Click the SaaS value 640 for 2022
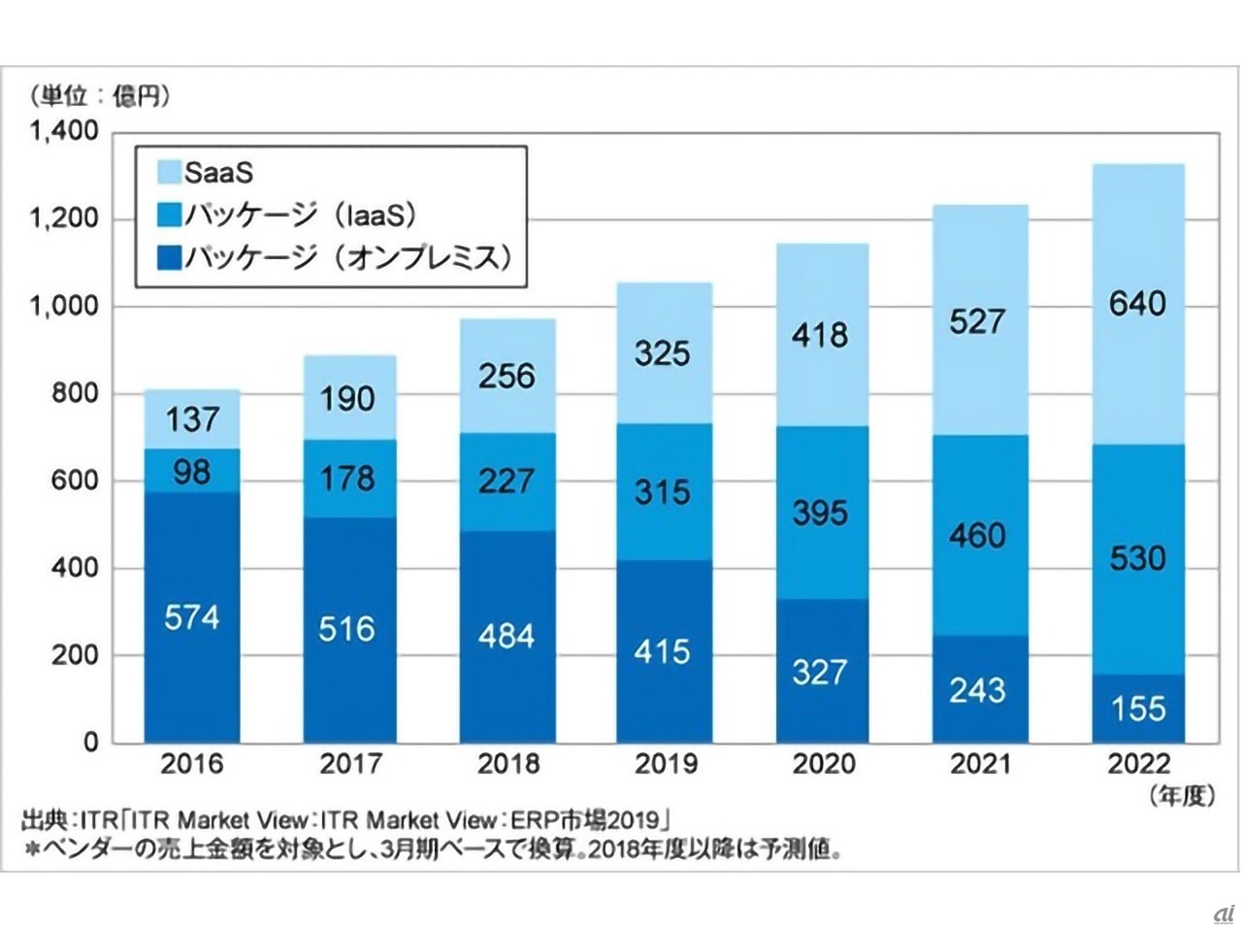click(x=1137, y=304)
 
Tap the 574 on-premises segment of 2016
click(x=191, y=617)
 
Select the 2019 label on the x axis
click(x=666, y=764)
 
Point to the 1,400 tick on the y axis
click(x=65, y=131)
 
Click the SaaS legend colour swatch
click(x=168, y=173)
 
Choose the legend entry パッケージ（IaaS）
click(x=300, y=215)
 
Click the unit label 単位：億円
click(x=100, y=96)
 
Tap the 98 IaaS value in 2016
click(x=191, y=472)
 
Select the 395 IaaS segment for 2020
click(x=820, y=513)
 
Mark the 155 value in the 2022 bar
click(x=1137, y=708)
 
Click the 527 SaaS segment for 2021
click(x=977, y=321)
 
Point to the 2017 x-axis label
click(x=350, y=764)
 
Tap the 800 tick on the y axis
click(x=76, y=393)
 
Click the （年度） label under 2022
click(x=1181, y=796)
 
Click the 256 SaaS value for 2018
click(x=506, y=376)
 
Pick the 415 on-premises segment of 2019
click(x=663, y=650)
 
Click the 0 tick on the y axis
click(x=91, y=743)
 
